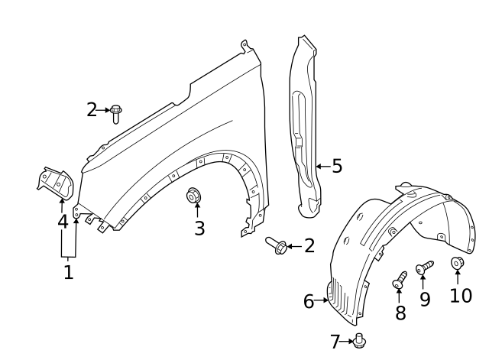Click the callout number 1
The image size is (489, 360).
tap(68, 271)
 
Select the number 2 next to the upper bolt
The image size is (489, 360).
tap(92, 110)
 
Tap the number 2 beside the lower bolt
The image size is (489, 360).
tap(309, 245)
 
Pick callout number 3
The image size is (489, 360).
tap(199, 228)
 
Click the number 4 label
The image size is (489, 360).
tap(63, 222)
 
